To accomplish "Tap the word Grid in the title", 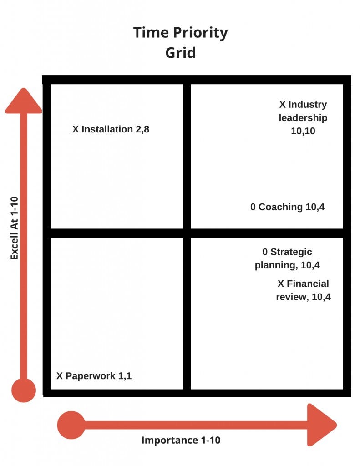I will (180, 52).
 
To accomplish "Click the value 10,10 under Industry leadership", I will (303, 131).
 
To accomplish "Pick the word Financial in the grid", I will (308, 284).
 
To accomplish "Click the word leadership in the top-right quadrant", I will (303, 118).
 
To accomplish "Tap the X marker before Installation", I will (76, 129).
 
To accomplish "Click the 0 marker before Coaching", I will (253, 207).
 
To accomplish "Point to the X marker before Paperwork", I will (60, 376).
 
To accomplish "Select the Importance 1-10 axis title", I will (181, 440).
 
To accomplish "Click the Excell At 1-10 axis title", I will (15, 226).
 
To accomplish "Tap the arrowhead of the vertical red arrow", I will (23, 101).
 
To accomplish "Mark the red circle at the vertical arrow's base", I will (23, 390).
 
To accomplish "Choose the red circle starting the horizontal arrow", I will (71, 425).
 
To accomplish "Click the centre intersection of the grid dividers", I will (187, 233).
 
